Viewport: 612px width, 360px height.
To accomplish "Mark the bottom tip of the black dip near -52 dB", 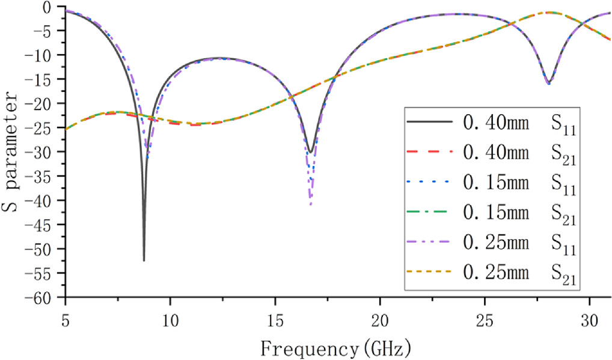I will [144, 260].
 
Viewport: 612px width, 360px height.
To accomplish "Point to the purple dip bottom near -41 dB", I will [311, 205].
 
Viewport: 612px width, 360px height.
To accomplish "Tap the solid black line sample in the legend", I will [429, 121].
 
